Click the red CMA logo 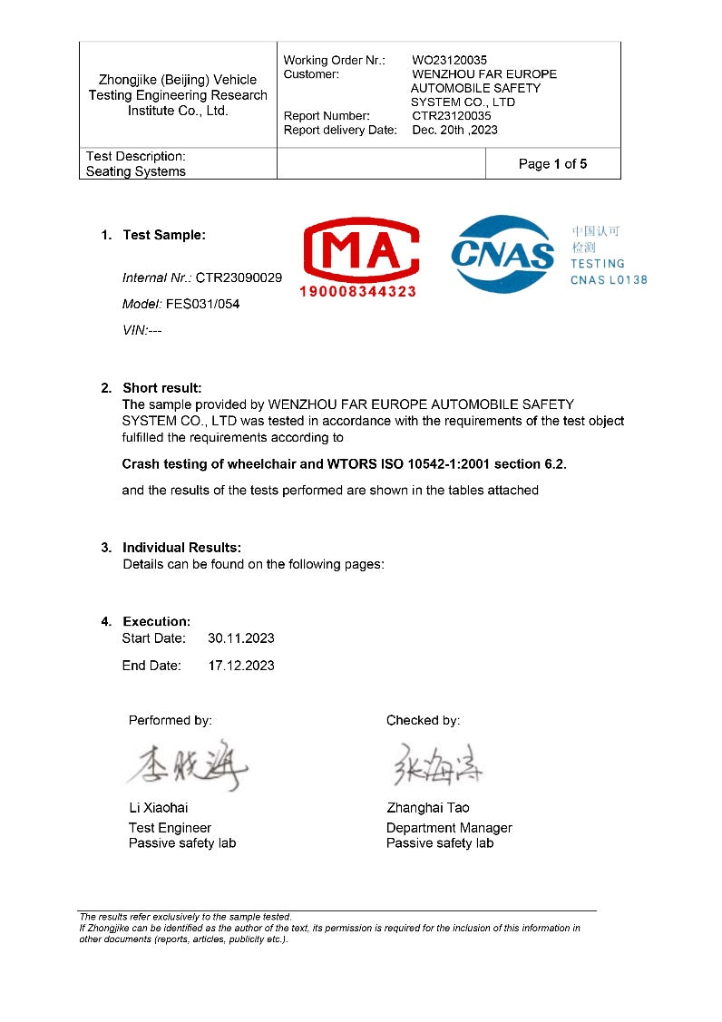[x=359, y=249]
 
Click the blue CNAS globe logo [x=503, y=254]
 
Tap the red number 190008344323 [x=358, y=291]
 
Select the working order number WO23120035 [x=449, y=61]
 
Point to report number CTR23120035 [x=451, y=116]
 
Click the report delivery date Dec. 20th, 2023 [x=454, y=130]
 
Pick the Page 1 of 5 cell [x=552, y=164]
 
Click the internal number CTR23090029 [x=239, y=277]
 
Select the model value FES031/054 [x=202, y=304]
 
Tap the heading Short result [x=161, y=388]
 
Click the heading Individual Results [x=181, y=548]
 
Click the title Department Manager [x=449, y=828]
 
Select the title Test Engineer [x=170, y=828]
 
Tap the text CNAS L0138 [x=609, y=280]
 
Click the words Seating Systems [x=136, y=171]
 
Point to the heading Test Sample [x=164, y=235]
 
